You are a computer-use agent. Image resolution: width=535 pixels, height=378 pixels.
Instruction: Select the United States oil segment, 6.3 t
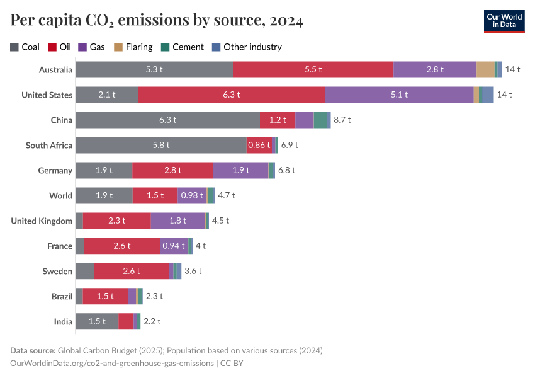(x=231, y=94)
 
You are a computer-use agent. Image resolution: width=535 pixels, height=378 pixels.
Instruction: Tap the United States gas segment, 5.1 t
(x=399, y=94)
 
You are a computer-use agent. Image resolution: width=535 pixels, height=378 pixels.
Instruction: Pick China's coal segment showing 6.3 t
(x=167, y=120)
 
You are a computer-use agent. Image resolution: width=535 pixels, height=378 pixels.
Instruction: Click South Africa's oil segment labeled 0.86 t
(x=259, y=145)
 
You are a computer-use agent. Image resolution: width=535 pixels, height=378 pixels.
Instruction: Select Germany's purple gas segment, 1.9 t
(x=241, y=170)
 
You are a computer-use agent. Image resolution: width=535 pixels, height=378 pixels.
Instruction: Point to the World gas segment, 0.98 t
(x=192, y=195)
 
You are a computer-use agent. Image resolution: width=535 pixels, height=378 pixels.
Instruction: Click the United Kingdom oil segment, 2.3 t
(x=116, y=220)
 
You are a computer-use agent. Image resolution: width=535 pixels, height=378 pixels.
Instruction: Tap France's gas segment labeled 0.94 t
(x=173, y=246)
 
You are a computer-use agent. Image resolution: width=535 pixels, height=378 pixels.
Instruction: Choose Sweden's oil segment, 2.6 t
(x=131, y=271)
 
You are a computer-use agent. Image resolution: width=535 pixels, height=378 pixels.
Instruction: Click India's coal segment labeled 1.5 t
(x=96, y=321)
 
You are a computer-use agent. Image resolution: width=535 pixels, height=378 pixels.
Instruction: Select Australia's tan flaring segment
(x=485, y=69)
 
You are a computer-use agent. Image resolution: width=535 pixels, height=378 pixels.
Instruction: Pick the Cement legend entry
(x=183, y=47)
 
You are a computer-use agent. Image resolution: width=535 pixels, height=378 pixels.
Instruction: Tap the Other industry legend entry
(x=246, y=47)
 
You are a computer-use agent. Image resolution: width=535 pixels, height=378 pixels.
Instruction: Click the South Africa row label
(x=49, y=145)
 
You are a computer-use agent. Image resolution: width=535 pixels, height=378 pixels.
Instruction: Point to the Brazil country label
(x=62, y=296)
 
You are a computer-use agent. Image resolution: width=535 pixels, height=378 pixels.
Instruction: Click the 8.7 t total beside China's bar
(x=342, y=120)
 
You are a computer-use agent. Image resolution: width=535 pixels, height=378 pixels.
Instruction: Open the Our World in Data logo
(x=504, y=20)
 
